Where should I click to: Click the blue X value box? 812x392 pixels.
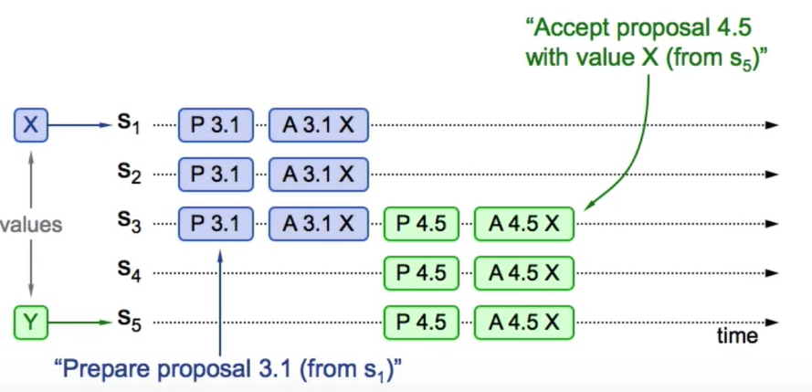[30, 124]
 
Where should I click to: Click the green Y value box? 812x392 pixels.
[30, 321]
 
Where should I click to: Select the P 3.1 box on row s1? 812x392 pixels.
[215, 125]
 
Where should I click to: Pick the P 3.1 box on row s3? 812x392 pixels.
[215, 223]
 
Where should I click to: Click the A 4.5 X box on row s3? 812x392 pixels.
[523, 223]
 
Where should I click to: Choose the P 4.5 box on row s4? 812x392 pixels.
[420, 272]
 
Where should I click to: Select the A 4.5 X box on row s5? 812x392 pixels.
[523, 322]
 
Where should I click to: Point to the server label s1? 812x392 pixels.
[128, 125]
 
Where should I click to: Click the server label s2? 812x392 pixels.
[128, 174]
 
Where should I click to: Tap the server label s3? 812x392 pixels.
[128, 223]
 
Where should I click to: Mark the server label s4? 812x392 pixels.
[128, 272]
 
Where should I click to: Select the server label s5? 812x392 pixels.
[128, 321]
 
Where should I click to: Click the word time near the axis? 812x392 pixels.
[737, 336]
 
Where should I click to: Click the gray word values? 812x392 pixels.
[30, 223]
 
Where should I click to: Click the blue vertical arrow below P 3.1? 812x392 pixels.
[220, 302]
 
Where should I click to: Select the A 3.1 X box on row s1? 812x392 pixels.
[317, 125]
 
